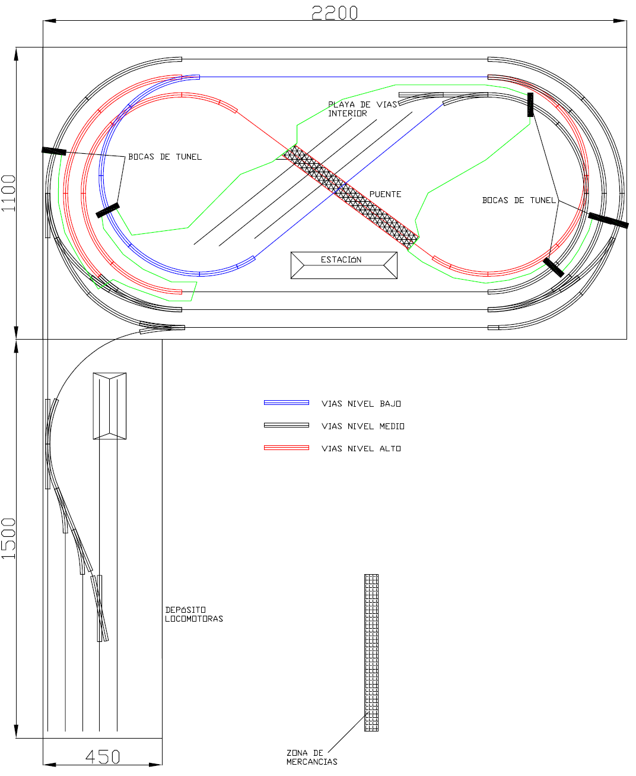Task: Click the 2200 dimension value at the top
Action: tap(334, 12)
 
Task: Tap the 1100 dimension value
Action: tap(8, 193)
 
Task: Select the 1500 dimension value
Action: tap(8, 538)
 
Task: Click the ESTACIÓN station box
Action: tap(344, 265)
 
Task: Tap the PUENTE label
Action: tap(385, 194)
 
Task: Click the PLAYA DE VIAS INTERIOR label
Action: tap(362, 109)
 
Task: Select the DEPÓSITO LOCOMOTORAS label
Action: tap(194, 615)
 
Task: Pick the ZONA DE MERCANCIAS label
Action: tap(311, 757)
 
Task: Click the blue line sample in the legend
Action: tap(287, 403)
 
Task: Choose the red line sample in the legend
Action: tap(287, 448)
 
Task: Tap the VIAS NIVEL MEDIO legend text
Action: tap(362, 426)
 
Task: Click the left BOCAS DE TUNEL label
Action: tap(165, 157)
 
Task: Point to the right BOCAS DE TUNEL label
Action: tap(519, 200)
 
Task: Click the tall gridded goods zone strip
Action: tap(371, 653)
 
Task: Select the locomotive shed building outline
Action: tap(110, 406)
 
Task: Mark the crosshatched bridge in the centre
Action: tap(351, 197)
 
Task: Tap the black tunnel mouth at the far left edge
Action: tap(53, 151)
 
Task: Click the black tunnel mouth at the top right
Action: tap(530, 104)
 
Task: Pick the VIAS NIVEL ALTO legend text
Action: tap(361, 448)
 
